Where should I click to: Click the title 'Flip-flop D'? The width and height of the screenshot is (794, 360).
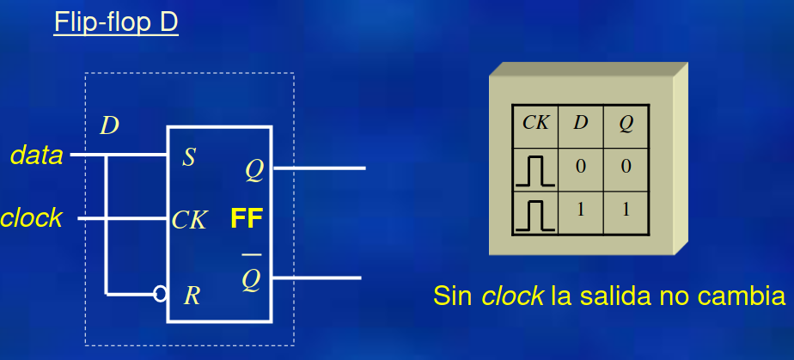(x=116, y=22)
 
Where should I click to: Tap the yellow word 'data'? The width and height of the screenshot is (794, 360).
(x=36, y=156)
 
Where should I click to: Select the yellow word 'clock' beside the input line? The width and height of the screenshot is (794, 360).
(x=31, y=218)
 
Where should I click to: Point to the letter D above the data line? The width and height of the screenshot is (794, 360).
(x=109, y=125)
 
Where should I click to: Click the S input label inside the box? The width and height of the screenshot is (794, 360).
(x=188, y=157)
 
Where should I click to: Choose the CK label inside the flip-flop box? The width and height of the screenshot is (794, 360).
(x=189, y=220)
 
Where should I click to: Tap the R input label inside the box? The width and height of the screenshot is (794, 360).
(x=192, y=296)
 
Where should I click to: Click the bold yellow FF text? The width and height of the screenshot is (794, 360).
(x=246, y=220)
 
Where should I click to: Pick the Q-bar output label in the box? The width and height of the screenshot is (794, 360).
(x=251, y=278)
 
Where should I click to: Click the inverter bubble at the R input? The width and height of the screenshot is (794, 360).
(x=160, y=295)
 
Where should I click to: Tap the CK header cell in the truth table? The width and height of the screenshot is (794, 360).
(x=535, y=123)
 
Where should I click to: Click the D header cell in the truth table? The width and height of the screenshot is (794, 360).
(x=581, y=123)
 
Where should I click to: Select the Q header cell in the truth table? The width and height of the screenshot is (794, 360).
(x=626, y=123)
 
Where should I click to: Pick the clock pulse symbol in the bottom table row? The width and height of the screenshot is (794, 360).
(x=534, y=215)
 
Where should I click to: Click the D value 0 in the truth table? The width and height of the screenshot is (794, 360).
(x=581, y=166)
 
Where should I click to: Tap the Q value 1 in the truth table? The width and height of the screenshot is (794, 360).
(x=626, y=209)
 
